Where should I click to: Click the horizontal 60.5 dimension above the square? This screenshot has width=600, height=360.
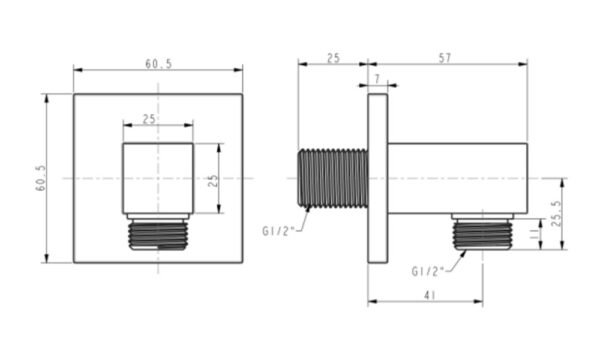point(158,64)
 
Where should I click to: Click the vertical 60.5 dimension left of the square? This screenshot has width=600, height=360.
point(41,178)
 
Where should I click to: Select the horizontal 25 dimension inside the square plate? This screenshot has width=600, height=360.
point(149,119)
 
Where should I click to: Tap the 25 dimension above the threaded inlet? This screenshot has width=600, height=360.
point(333,58)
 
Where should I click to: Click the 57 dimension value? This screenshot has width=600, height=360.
point(445,58)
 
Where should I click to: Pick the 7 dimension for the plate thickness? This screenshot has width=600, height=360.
point(377,79)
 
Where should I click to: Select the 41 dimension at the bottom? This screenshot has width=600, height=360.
point(430,295)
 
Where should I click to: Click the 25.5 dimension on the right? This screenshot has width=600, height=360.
point(556,214)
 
